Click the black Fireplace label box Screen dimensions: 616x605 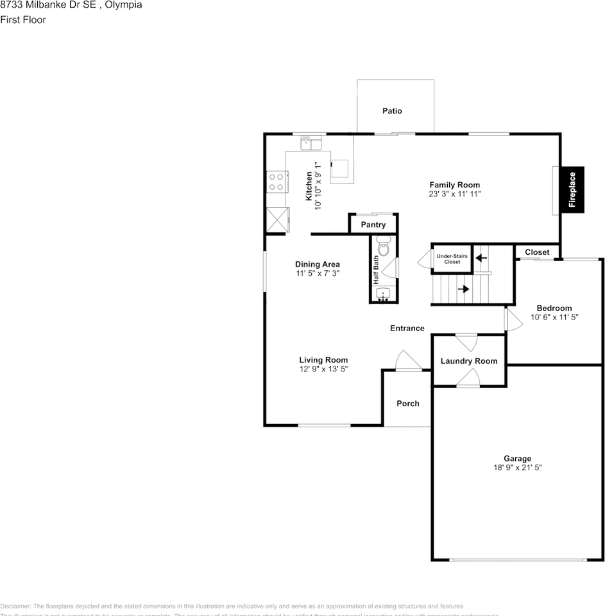coord(573,189)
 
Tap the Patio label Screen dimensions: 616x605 coord(392,111)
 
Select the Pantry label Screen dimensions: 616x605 coord(373,225)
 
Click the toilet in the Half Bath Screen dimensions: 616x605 coord(384,247)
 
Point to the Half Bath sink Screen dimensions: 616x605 coord(384,294)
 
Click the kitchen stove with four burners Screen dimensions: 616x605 coord(277,182)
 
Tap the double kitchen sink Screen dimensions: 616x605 coord(310,142)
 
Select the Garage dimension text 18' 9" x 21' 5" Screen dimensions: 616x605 coord(517,468)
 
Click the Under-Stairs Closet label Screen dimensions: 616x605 coord(452,259)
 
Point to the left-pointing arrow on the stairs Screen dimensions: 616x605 coord(481,258)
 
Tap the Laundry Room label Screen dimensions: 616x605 coord(469,361)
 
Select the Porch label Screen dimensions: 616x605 coord(408,404)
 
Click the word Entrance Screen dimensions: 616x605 coord(407,329)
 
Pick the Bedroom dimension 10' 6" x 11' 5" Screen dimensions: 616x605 coord(554,317)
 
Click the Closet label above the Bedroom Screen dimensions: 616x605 coord(537,252)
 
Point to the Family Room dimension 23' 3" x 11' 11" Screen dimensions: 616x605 coord(455,194)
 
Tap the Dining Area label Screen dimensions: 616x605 coord(318,264)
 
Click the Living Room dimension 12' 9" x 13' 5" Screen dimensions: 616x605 coord(323,369)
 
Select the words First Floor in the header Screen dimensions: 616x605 coord(23,20)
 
